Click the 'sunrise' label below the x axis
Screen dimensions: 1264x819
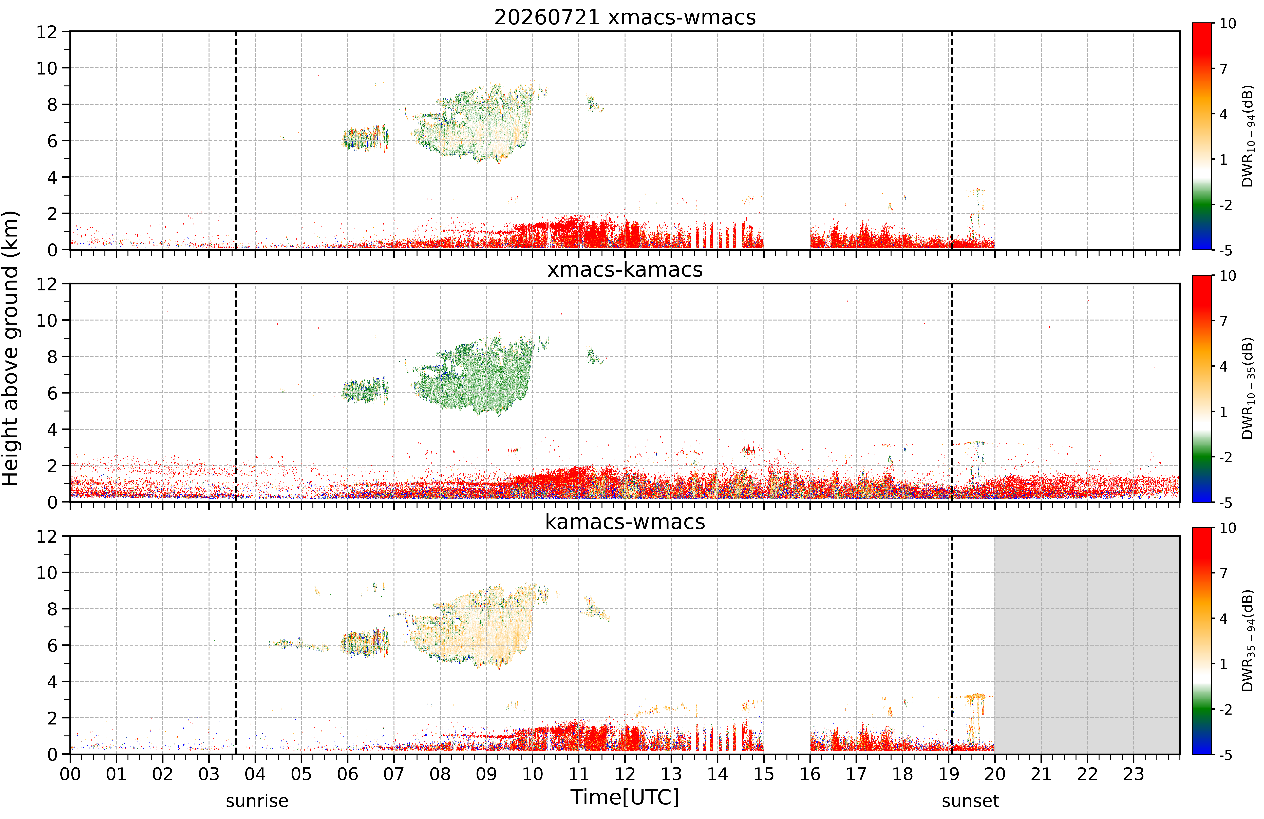(x=257, y=801)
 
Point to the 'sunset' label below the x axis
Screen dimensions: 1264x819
(x=970, y=801)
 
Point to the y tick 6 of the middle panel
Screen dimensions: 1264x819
(x=52, y=394)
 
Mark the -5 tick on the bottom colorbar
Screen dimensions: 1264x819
(x=1226, y=755)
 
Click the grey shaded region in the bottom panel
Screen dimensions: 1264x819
(x=1087, y=645)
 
